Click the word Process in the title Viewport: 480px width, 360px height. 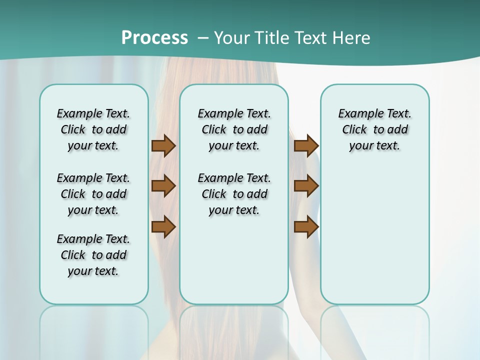154,38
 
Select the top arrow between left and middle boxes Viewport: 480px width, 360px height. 163,145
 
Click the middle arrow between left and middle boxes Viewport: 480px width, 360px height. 163,186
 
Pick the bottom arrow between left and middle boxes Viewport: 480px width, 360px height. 163,227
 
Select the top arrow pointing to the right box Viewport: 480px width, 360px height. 306,145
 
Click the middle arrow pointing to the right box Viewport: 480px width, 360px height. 306,186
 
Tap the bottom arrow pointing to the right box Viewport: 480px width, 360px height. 306,227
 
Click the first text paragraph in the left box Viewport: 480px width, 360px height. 93,129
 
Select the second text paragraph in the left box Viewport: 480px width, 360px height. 93,194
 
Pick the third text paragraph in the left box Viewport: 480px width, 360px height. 93,255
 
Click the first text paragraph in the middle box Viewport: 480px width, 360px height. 234,129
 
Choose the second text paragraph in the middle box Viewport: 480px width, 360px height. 234,194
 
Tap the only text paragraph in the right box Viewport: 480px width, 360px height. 374,129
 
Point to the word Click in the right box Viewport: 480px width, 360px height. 354,130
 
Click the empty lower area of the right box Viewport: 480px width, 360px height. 374,235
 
